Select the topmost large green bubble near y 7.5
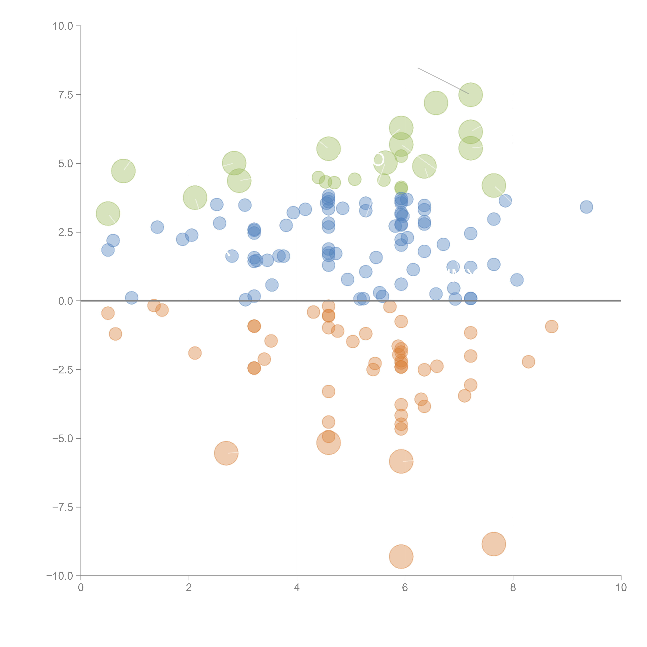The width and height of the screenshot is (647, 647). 470,95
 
